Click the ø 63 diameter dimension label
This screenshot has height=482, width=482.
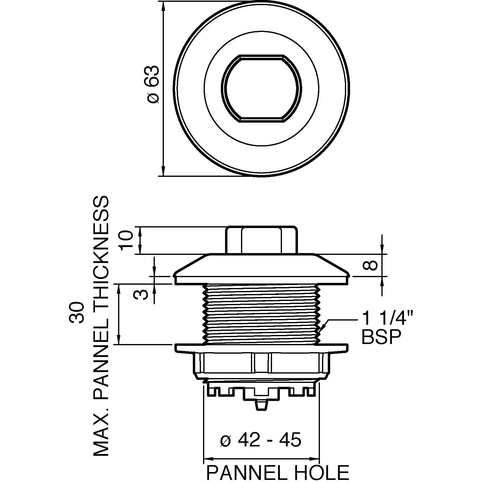click(153, 84)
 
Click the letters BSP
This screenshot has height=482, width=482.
click(381, 337)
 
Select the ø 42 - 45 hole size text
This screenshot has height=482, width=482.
click(261, 440)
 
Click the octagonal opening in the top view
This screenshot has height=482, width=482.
click(262, 89)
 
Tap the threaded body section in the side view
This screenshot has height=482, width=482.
click(261, 313)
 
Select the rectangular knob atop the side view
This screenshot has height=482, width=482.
click(261, 240)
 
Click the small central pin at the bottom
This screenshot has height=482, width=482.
click(261, 405)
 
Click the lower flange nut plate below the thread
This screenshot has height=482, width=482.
click(261, 348)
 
